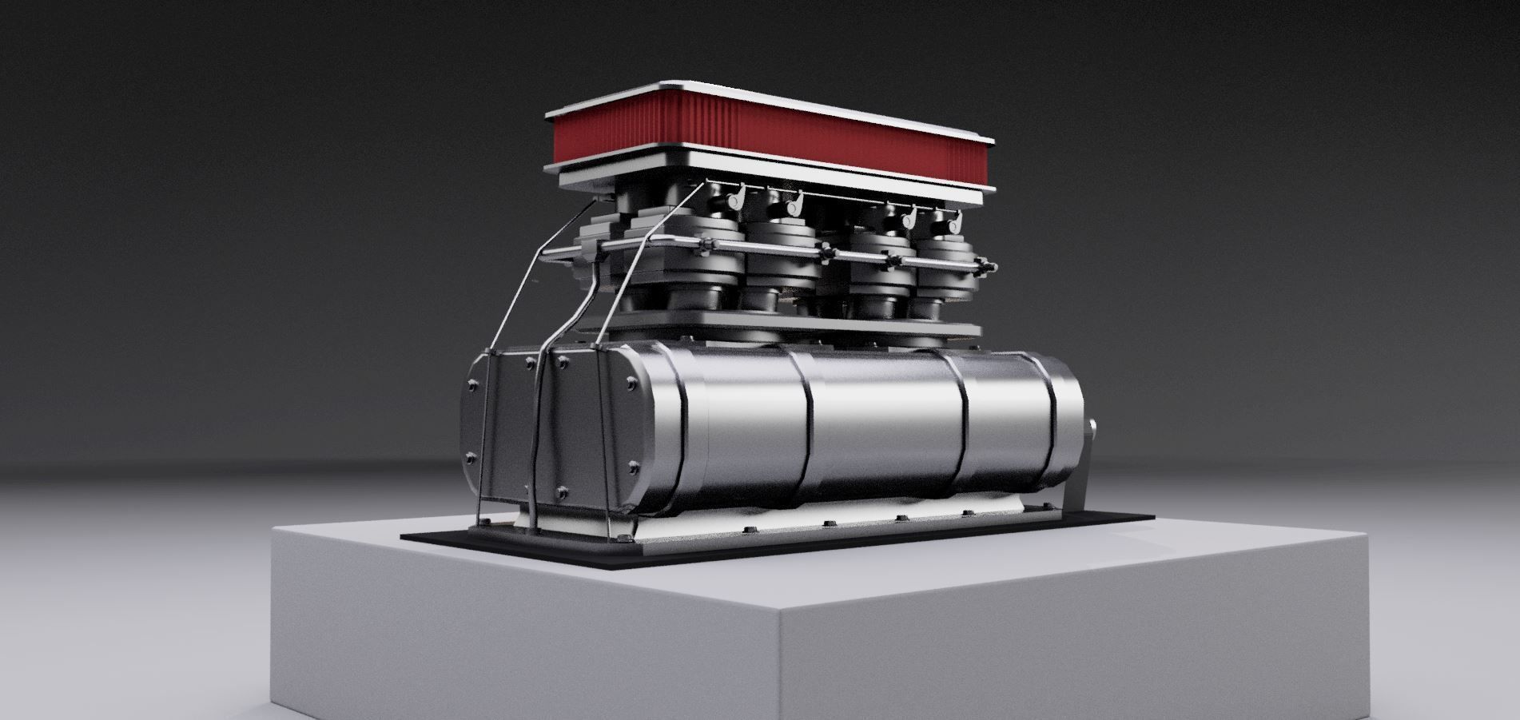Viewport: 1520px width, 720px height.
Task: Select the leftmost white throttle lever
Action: [738, 194]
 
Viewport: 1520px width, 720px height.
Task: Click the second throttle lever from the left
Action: [795, 205]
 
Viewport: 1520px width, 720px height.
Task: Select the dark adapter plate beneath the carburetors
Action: [799, 325]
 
